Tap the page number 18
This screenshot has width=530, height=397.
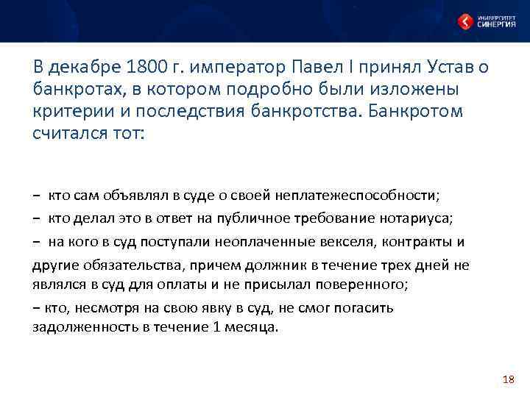507,379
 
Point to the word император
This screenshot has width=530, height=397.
241,69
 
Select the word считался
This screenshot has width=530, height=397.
66,132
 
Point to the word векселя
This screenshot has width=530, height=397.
351,242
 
